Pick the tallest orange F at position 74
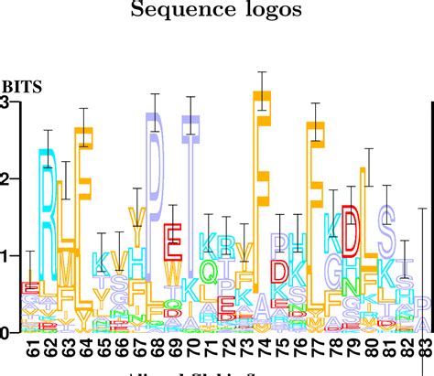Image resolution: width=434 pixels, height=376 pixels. [263, 183]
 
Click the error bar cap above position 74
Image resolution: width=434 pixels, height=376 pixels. [263, 72]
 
